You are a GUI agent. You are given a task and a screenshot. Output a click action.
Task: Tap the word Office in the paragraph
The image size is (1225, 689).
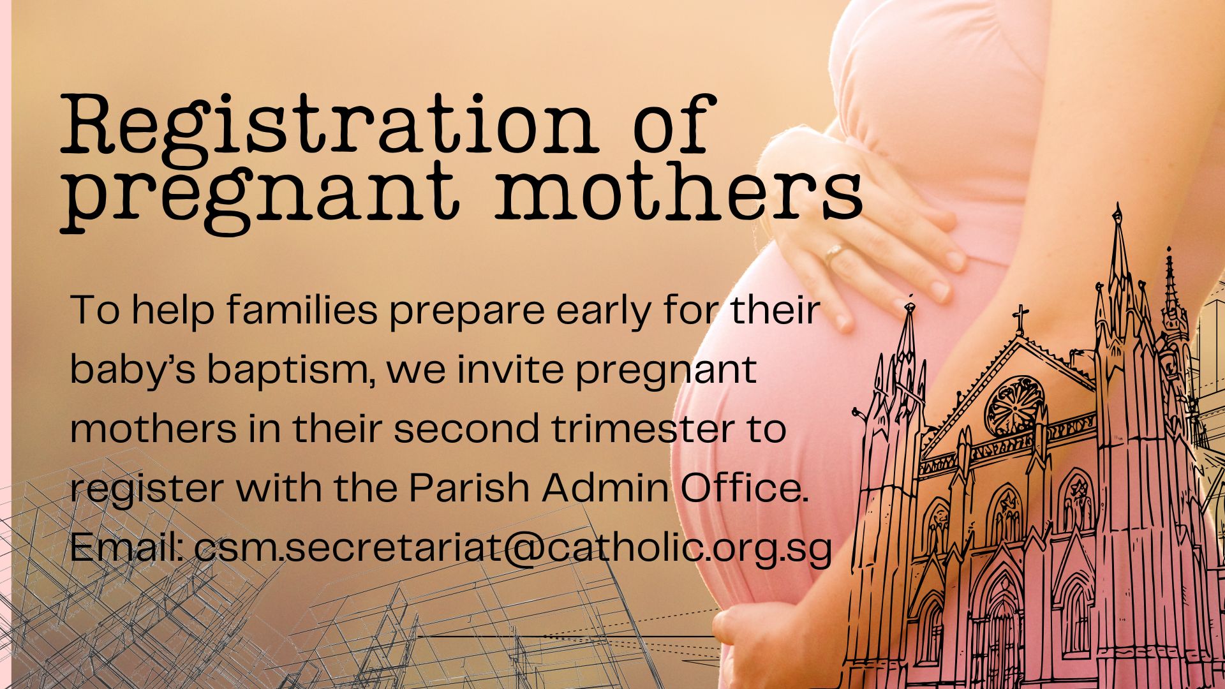click(744, 488)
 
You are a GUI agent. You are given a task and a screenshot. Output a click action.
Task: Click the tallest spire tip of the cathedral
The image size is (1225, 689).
click(1117, 205)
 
